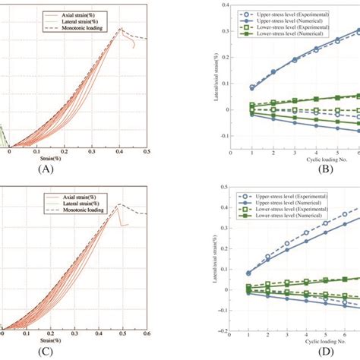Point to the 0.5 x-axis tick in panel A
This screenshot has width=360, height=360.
click(149, 150)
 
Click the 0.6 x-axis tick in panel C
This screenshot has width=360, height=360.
click(150, 333)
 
